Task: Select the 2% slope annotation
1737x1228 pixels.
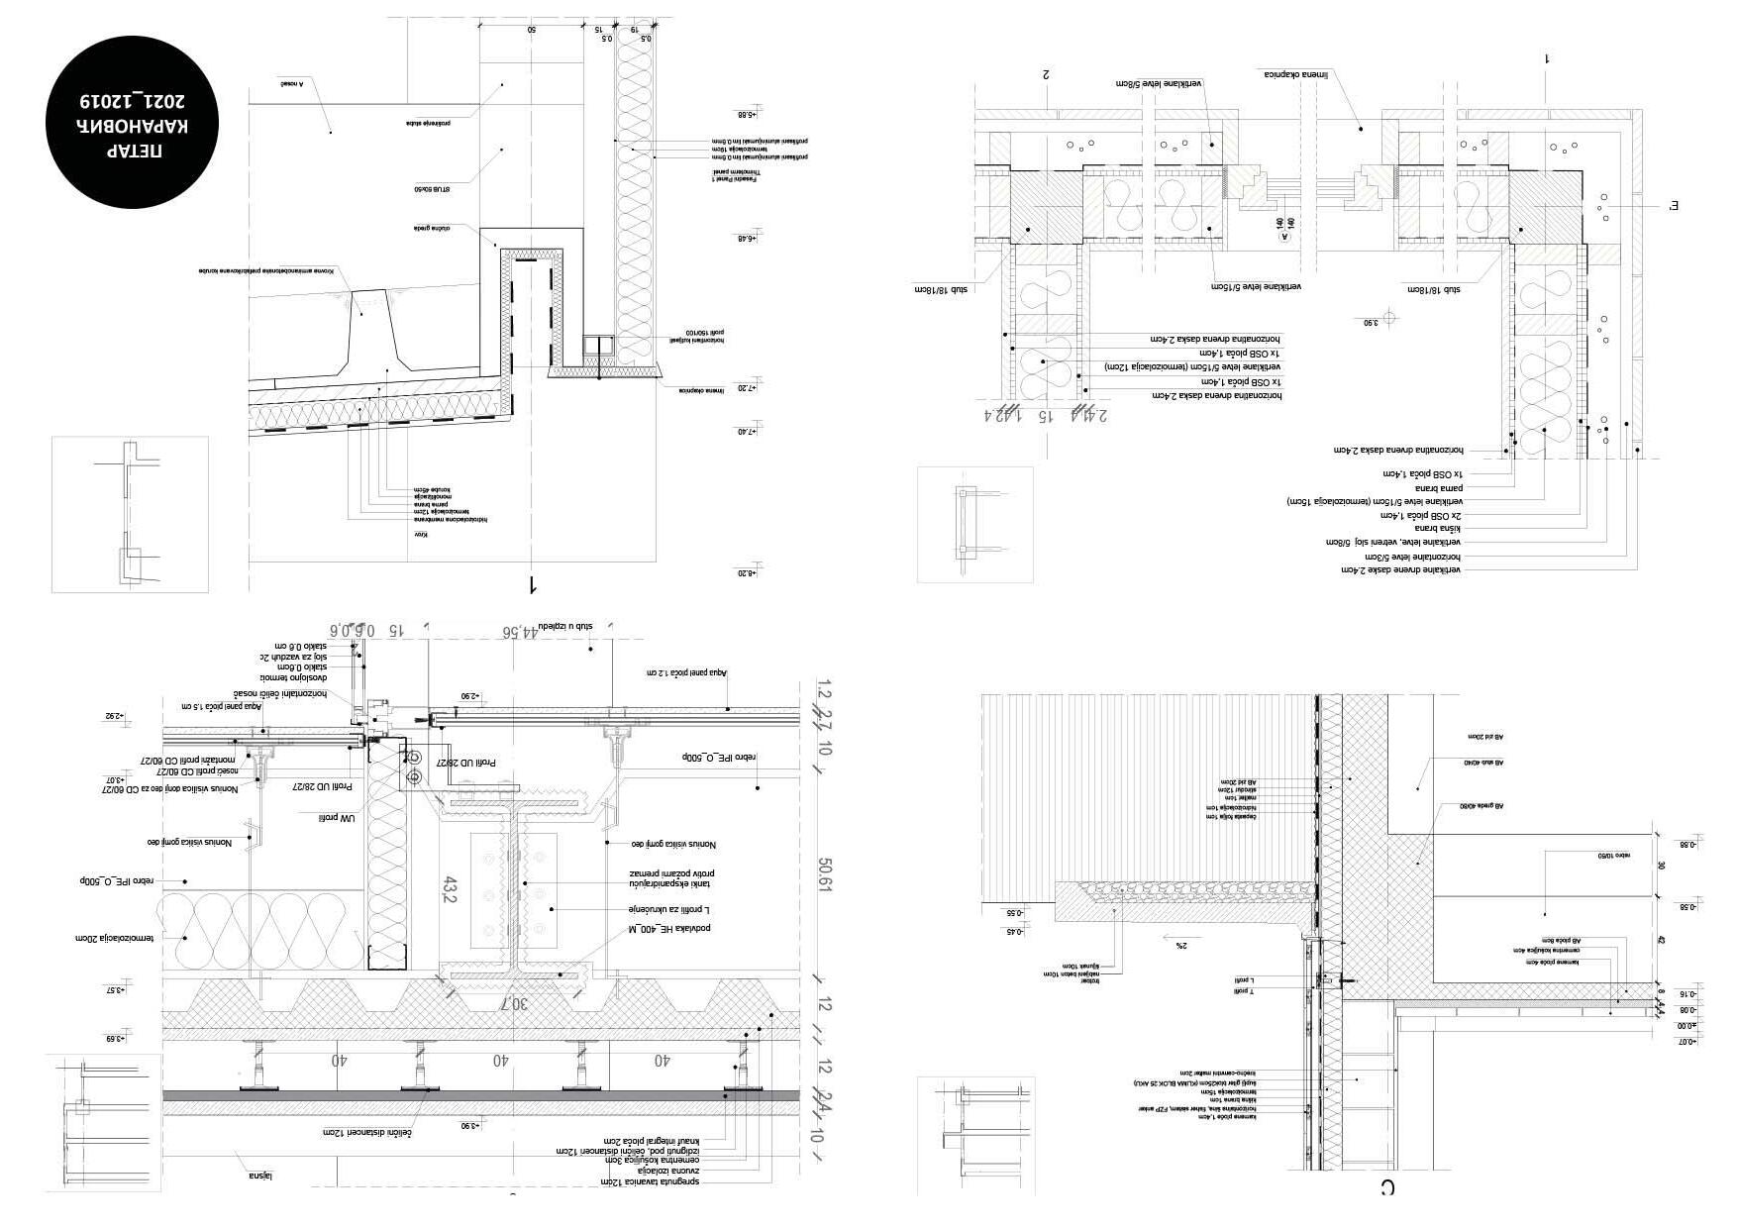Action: [x=1180, y=946]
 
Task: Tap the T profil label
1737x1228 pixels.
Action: [x=1243, y=991]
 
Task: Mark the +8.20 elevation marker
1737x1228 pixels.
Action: [x=746, y=573]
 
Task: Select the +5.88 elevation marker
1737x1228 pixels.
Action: [x=746, y=115]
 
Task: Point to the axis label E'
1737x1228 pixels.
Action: [x=1675, y=206]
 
